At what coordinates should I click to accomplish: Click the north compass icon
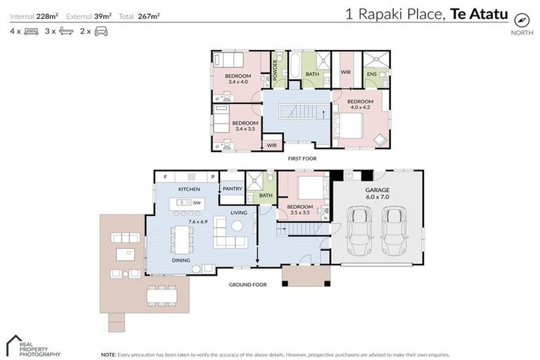click(x=521, y=19)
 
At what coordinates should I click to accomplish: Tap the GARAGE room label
click(x=377, y=190)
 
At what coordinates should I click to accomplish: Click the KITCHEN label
click(x=189, y=190)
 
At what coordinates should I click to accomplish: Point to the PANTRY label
click(x=231, y=188)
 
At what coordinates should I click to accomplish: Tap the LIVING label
click(x=239, y=212)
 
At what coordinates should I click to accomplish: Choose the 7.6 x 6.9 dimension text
click(x=188, y=220)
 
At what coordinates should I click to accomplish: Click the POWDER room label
click(x=275, y=70)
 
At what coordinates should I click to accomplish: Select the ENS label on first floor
click(x=371, y=74)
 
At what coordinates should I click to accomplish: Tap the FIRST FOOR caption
click(x=302, y=159)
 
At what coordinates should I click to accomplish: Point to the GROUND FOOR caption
click(x=247, y=285)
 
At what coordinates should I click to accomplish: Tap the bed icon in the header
click(x=30, y=32)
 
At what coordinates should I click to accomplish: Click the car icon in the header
click(x=101, y=32)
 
